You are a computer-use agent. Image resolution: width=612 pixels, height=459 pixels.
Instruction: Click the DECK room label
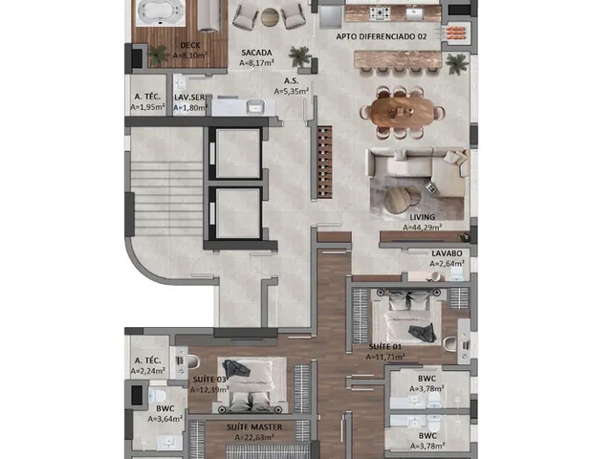pos(190,45)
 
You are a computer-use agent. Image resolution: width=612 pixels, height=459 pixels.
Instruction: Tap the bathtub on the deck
pos(161,12)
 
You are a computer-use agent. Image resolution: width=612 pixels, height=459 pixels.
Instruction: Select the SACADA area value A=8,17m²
pos(256,62)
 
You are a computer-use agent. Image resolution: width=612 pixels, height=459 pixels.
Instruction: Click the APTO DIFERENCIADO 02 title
pos(382,36)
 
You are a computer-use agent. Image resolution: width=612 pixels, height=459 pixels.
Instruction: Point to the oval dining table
pos(397,112)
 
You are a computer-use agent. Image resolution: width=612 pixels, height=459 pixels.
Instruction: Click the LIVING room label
pos(423,217)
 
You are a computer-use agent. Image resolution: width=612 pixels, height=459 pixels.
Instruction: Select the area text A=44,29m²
pos(423,227)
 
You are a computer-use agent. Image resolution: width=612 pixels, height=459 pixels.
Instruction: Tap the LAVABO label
pos(447,253)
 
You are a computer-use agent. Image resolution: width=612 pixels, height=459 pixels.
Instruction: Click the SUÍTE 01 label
pos(385,346)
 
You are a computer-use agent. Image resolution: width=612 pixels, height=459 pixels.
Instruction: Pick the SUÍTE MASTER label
pos(254,427)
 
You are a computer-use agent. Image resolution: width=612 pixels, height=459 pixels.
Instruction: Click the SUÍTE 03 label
pos(209,380)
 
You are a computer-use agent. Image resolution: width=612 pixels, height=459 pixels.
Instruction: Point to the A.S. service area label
pos(291,81)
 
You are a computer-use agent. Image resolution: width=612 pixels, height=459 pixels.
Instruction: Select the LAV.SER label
pos(189,98)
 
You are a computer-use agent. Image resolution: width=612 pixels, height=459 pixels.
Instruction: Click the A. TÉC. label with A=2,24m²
pos(147,361)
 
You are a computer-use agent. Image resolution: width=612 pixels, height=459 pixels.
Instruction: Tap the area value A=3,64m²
pos(165,419)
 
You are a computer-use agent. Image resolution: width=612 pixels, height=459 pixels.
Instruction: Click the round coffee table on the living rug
pos(398,201)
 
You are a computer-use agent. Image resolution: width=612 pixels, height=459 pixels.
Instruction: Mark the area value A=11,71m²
pos(385,357)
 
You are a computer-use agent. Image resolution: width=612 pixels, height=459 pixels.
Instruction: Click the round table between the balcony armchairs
pos(270,17)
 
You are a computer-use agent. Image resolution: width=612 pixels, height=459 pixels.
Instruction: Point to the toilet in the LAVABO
pos(457,274)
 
